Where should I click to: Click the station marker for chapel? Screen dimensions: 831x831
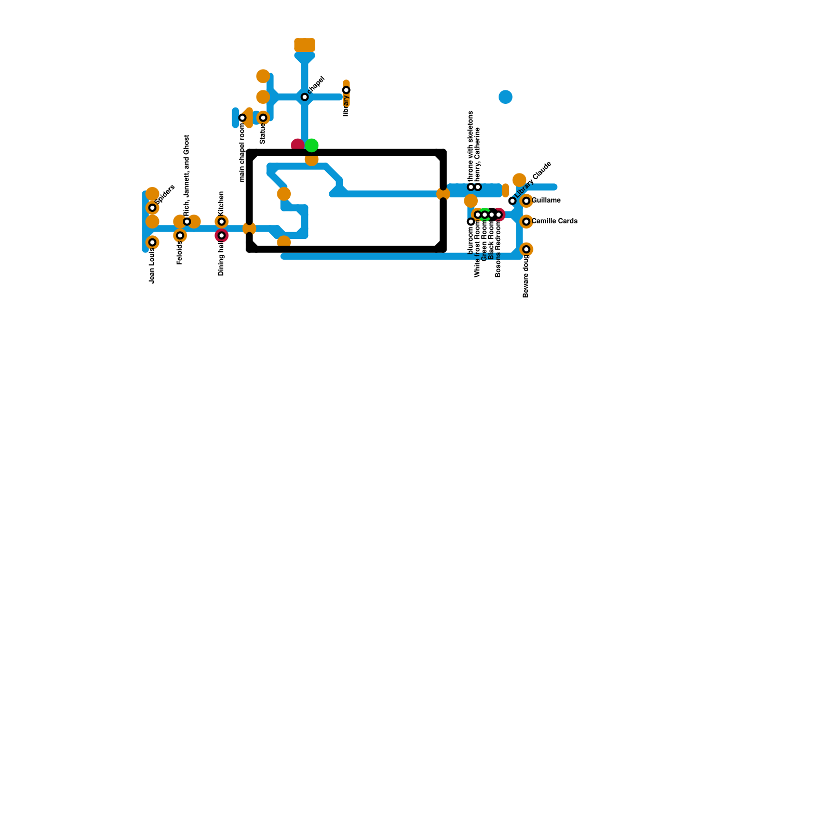click(305, 97)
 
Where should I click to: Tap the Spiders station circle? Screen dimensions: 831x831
click(152, 208)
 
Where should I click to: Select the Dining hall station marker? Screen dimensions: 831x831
click(222, 236)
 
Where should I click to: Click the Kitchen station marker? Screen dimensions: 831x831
click(222, 222)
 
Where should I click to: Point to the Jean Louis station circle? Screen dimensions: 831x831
click(152, 243)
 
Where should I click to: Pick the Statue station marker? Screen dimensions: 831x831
click(263, 118)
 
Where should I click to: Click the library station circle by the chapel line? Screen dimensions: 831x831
click(346, 90)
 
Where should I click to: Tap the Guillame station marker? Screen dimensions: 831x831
click(526, 201)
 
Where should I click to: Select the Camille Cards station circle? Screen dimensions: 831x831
click(526, 222)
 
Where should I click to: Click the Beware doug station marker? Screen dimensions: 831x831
click(526, 249)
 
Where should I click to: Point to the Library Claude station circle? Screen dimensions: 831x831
click(512, 201)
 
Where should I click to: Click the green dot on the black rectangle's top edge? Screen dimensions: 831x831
click(312, 145)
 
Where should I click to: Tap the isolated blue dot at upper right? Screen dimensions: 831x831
click(505, 97)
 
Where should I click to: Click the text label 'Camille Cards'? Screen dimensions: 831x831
click(554, 221)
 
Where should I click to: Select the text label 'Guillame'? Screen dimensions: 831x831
click(546, 200)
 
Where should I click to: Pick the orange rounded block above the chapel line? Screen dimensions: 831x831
click(304, 45)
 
